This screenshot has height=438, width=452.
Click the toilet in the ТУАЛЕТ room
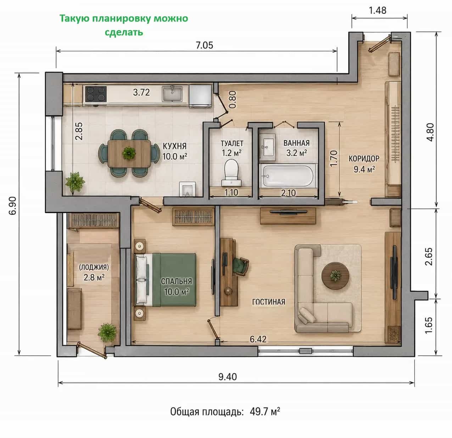click(x=231, y=173)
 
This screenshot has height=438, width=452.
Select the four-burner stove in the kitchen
click(x=96, y=94)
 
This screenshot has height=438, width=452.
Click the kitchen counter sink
click(x=172, y=93)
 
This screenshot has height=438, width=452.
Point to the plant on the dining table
click(x=129, y=153)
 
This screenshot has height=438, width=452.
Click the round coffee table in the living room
click(x=335, y=276)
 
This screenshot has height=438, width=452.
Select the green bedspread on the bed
click(x=174, y=280)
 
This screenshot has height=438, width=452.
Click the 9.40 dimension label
click(x=227, y=377)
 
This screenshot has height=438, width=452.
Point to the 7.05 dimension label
click(x=205, y=45)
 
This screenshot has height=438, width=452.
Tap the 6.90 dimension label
click(x=13, y=206)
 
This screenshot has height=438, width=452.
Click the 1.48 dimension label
click(x=378, y=10)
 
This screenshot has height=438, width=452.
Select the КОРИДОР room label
click(x=364, y=159)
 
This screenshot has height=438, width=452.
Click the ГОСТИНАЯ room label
click(x=269, y=302)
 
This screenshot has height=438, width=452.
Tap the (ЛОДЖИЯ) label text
click(x=94, y=267)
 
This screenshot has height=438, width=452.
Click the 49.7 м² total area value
click(x=265, y=412)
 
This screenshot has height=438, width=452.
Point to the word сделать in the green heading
click(x=124, y=32)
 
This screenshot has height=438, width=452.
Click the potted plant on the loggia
click(x=107, y=333)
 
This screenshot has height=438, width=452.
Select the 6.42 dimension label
click(x=258, y=339)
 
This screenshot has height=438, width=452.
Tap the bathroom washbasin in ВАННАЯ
click(x=268, y=147)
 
